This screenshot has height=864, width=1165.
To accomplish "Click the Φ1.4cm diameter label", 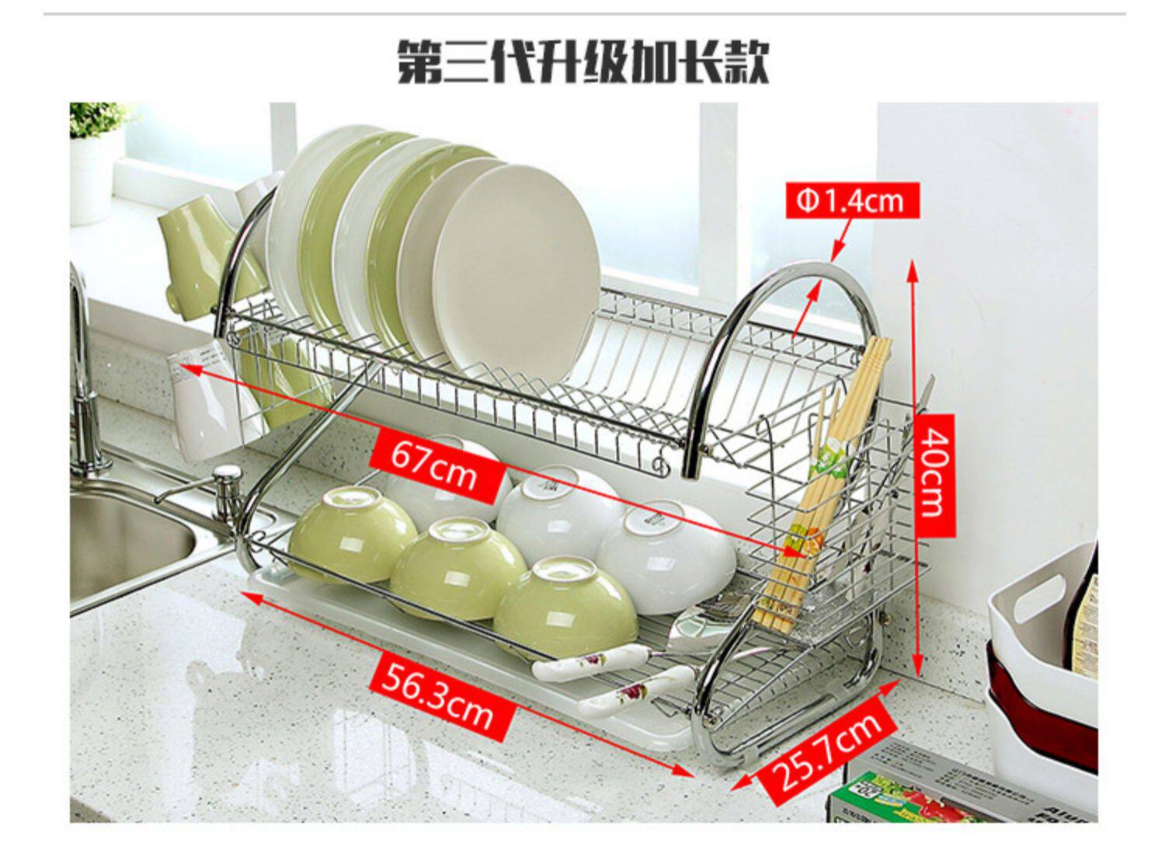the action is click(851, 200).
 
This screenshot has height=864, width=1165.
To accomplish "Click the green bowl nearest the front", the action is click(565, 606).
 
